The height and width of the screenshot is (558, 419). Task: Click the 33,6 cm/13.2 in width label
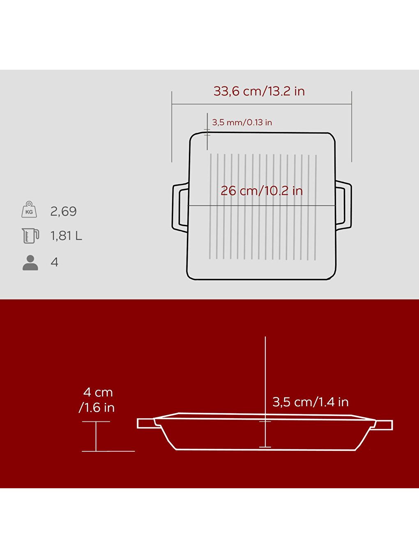tap(259, 91)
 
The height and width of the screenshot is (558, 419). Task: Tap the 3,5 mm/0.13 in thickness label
tap(242, 123)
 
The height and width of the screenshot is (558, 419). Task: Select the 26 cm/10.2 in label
tap(262, 191)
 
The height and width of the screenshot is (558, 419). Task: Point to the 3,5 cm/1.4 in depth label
tap(311, 402)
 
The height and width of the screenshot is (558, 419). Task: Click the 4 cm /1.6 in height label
tap(97, 400)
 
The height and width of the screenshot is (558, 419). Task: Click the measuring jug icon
tap(30, 236)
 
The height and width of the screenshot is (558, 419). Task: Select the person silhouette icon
tap(30, 262)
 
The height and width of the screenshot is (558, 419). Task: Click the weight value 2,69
tap(63, 211)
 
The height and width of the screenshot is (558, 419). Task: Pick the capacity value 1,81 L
tap(66, 236)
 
